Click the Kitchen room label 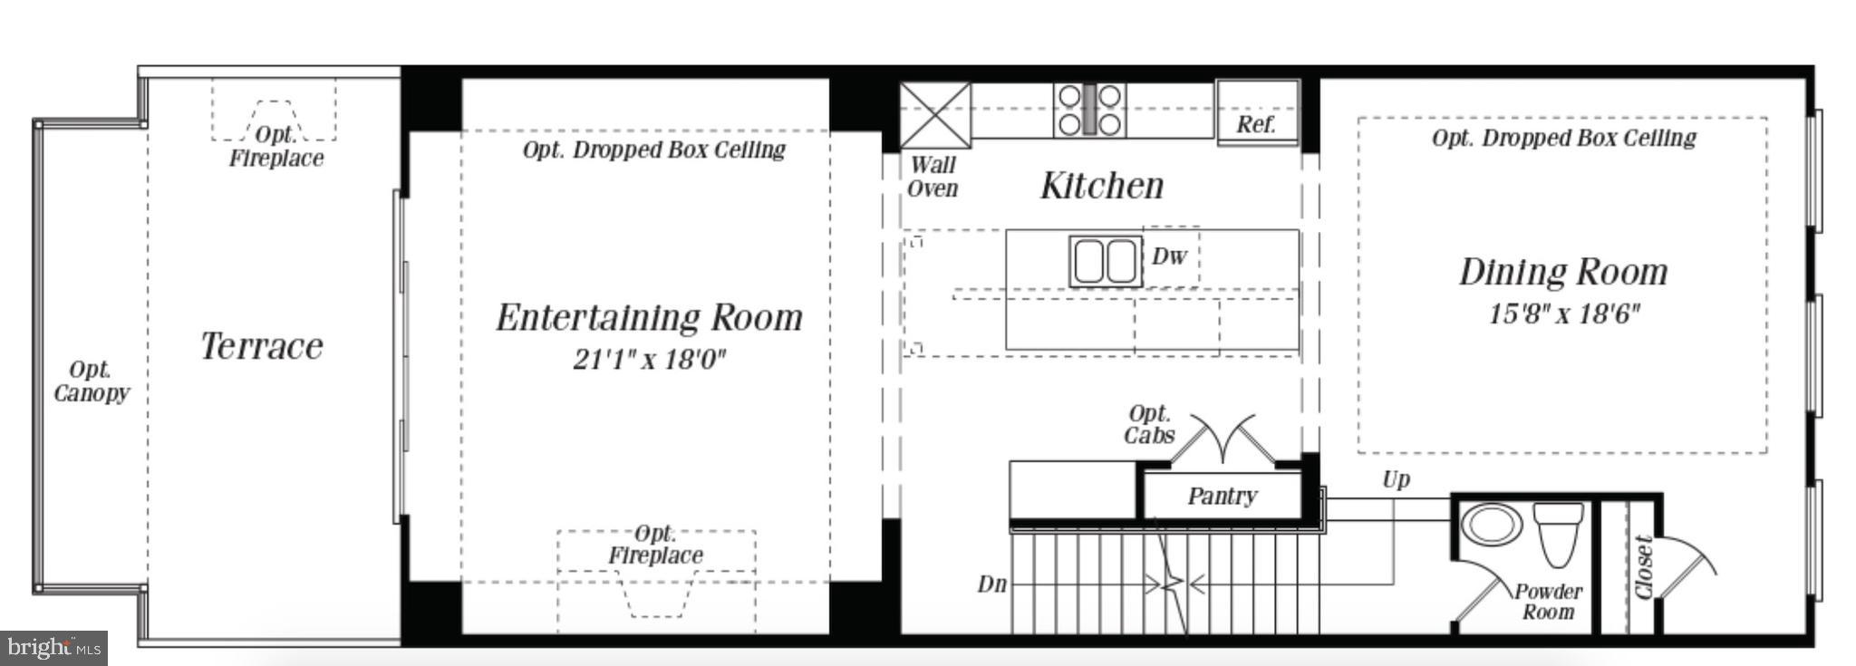tap(1101, 186)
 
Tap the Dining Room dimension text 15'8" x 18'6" tap(1563, 314)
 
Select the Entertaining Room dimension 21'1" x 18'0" tap(649, 360)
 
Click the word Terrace tap(262, 346)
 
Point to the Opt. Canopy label tap(91, 381)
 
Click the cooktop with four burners tap(1089, 110)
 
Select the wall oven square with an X tap(935, 115)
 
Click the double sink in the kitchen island tap(1105, 261)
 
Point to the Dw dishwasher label tap(1169, 256)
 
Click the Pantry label tap(1222, 497)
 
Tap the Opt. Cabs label tap(1149, 425)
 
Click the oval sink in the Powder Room tap(1493, 524)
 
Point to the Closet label tap(1643, 568)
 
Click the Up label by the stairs tap(1396, 479)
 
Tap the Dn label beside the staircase tap(991, 584)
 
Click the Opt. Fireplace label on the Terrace tap(275, 147)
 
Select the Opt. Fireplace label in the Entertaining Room tap(655, 545)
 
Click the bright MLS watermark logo tap(53, 648)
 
